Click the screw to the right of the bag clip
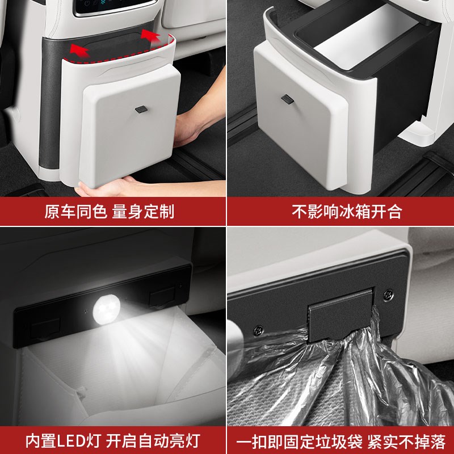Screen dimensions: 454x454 point(389,295)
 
